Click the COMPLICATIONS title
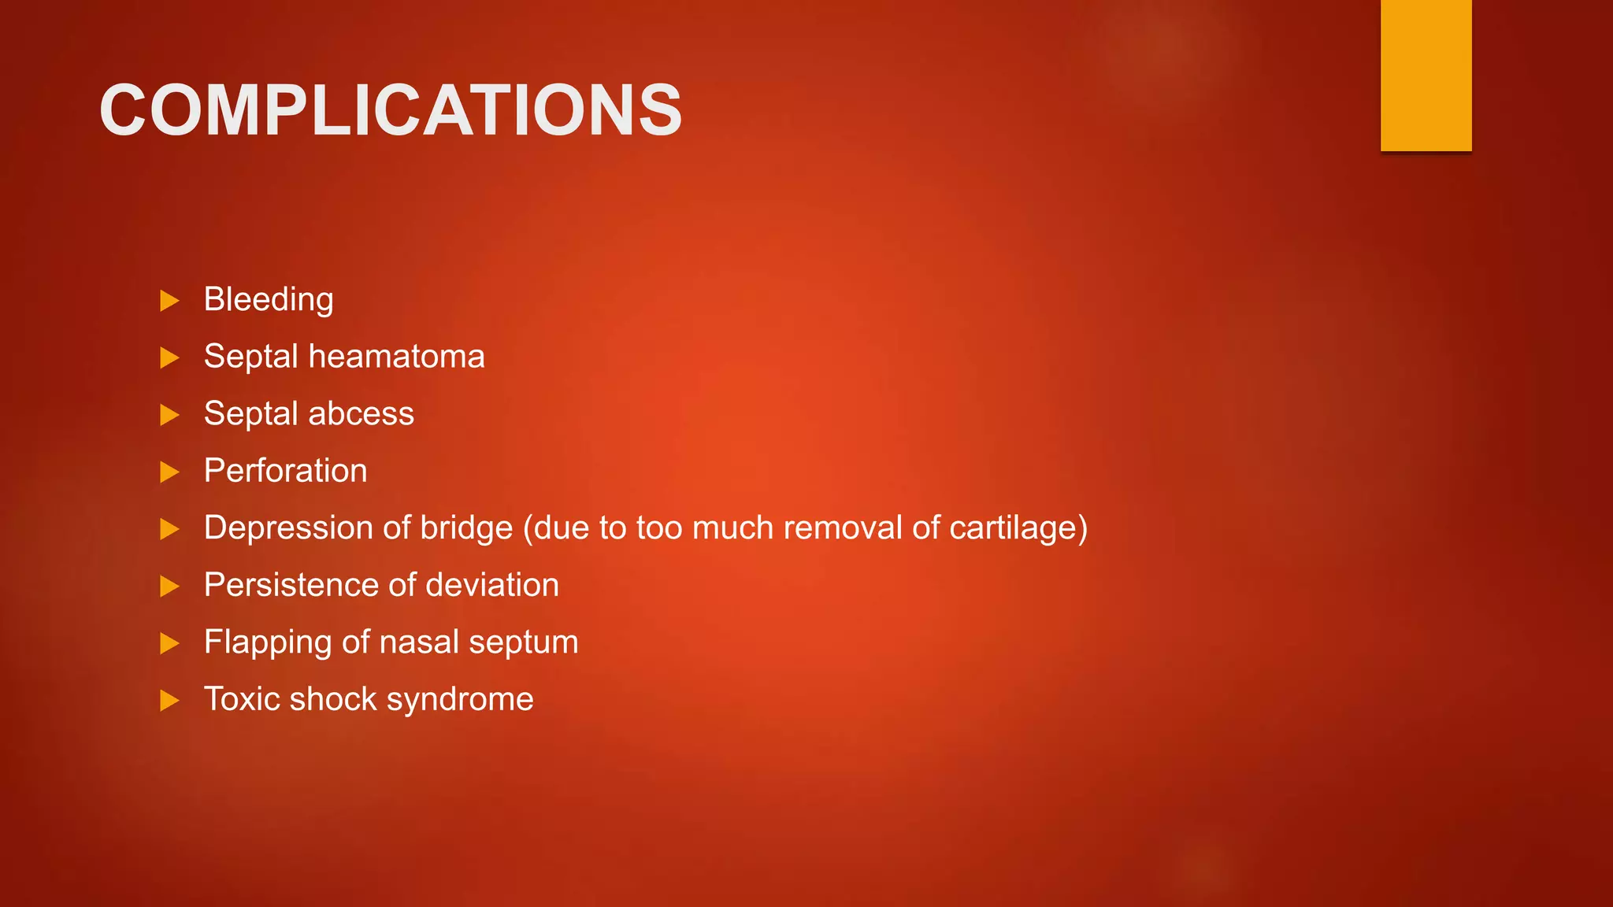click(391, 111)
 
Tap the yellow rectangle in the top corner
click(1426, 75)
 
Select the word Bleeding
click(269, 300)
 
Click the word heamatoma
click(396, 357)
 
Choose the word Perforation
click(285, 471)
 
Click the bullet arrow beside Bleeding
click(169, 301)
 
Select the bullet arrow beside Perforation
click(169, 472)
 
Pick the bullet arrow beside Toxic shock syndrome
click(169, 701)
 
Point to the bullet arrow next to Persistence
click(169, 587)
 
